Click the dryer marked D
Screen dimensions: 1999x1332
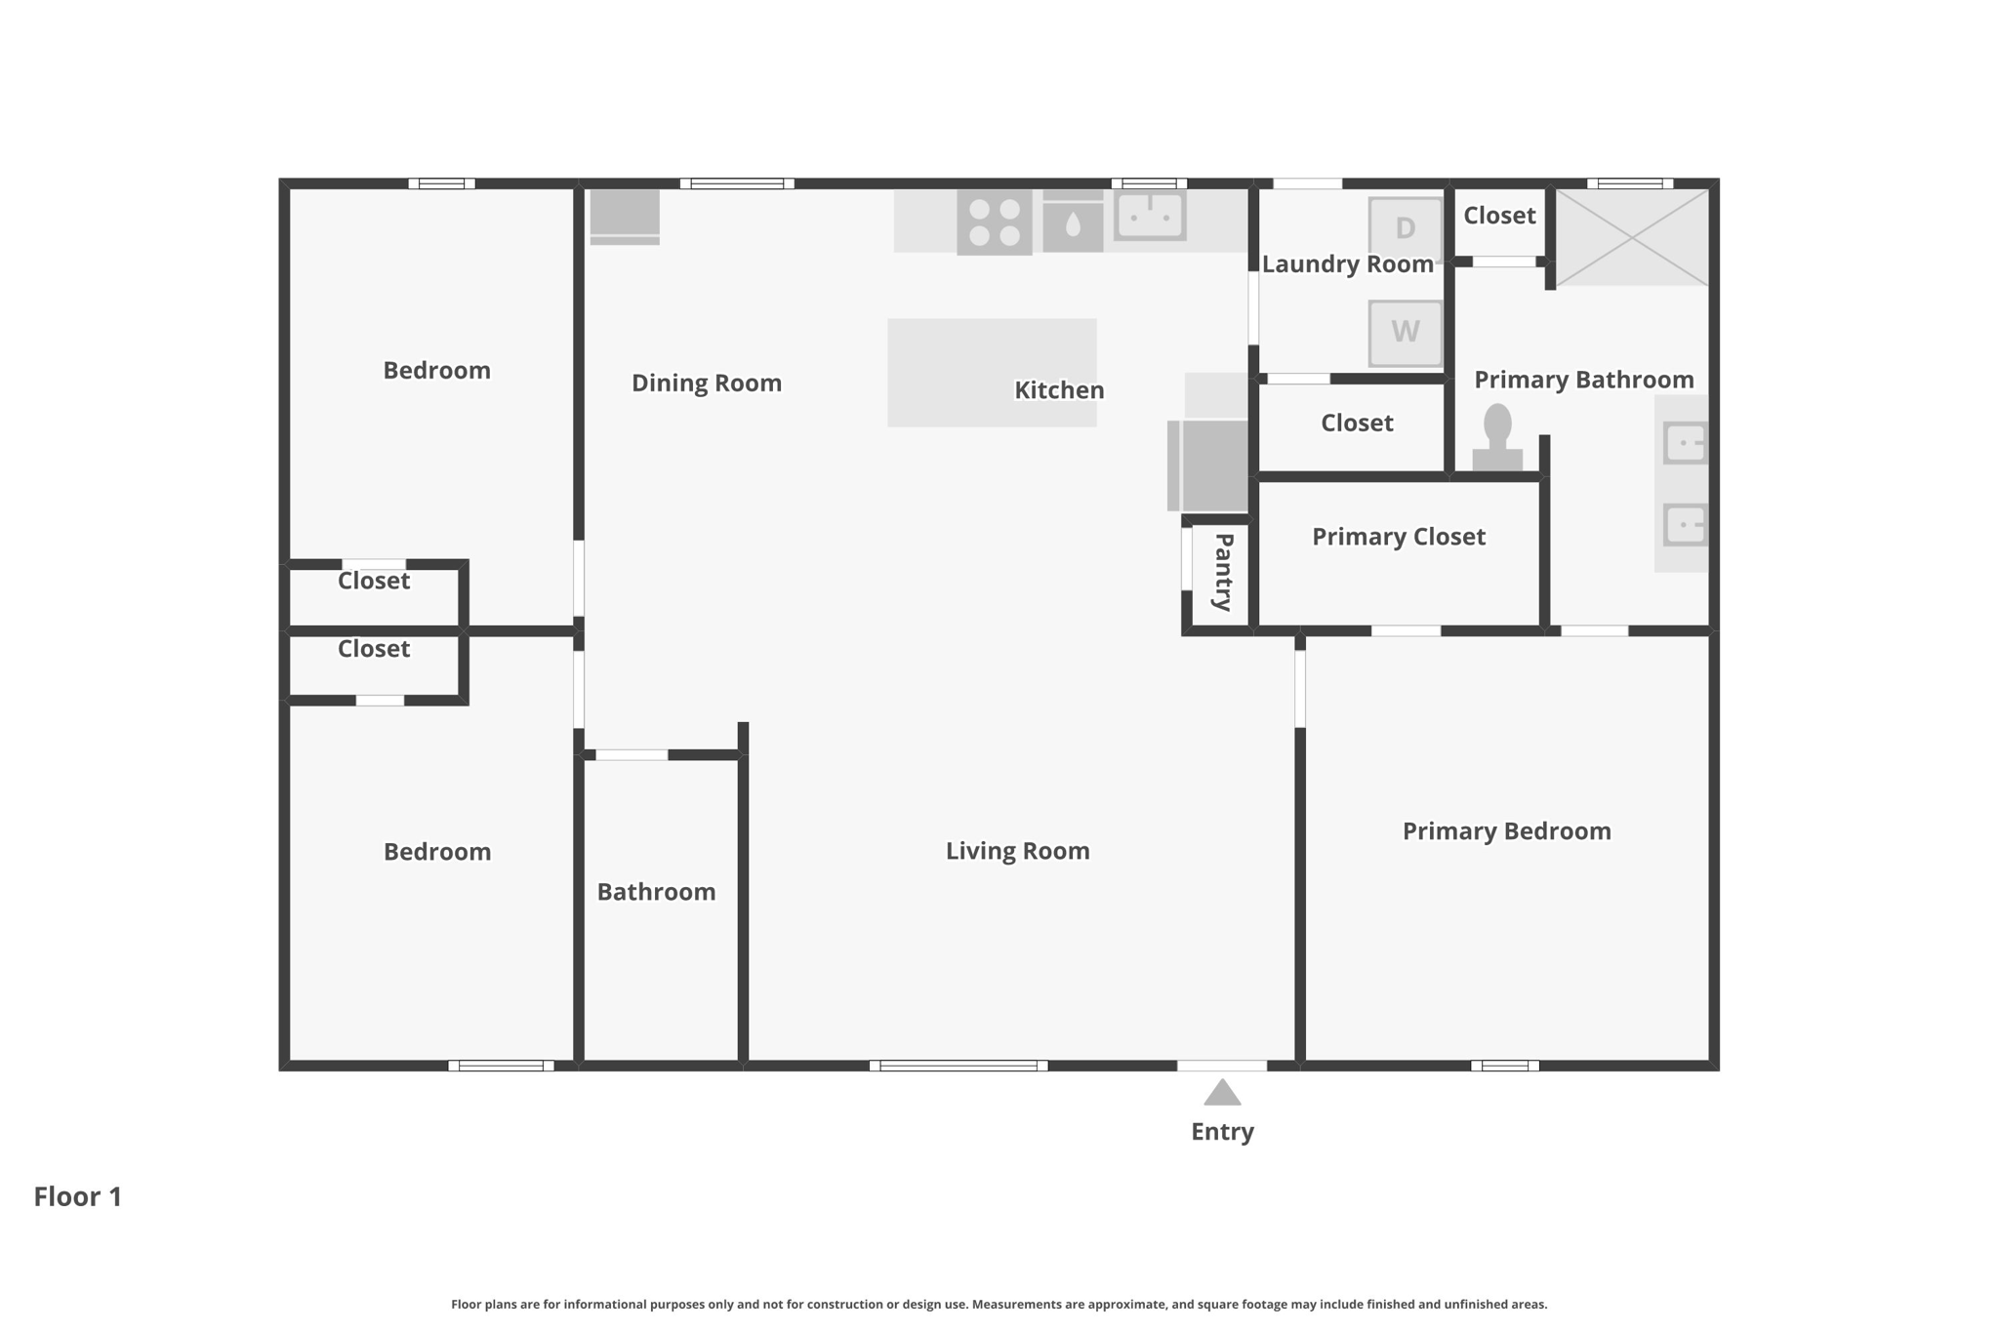click(1405, 228)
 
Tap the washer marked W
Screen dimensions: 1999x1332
click(1405, 333)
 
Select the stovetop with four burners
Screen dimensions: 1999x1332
click(995, 222)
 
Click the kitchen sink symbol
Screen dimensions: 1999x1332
click(1151, 216)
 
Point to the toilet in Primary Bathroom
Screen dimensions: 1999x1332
click(1497, 438)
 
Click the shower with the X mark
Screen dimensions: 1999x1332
click(1631, 238)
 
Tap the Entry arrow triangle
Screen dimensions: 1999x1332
click(1222, 1092)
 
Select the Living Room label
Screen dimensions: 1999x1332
click(1018, 851)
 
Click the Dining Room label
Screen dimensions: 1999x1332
click(707, 383)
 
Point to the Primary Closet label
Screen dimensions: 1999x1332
click(1399, 537)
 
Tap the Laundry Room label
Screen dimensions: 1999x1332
click(1348, 264)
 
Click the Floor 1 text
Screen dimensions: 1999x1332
click(78, 1196)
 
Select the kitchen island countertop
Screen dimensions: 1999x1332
click(992, 373)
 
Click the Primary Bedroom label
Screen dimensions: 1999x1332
click(1507, 831)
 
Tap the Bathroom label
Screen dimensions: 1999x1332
click(657, 892)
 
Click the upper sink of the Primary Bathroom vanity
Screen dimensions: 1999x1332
click(1686, 443)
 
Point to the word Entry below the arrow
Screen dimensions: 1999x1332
click(1223, 1132)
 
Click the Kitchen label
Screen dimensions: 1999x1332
click(1059, 390)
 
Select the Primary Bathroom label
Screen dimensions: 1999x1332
click(1584, 380)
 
